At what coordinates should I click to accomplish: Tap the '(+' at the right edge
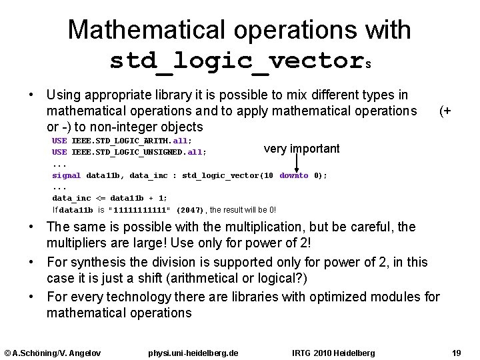pyautogui.click(x=445, y=111)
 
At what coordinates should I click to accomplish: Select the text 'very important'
pyautogui.click(x=301, y=149)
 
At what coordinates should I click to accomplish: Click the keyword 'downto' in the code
pyautogui.click(x=294, y=175)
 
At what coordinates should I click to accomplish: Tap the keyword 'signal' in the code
pyautogui.click(x=67, y=175)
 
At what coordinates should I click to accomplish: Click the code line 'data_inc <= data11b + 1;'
pyautogui.click(x=110, y=198)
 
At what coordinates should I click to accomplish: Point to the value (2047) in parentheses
pyautogui.click(x=190, y=210)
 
